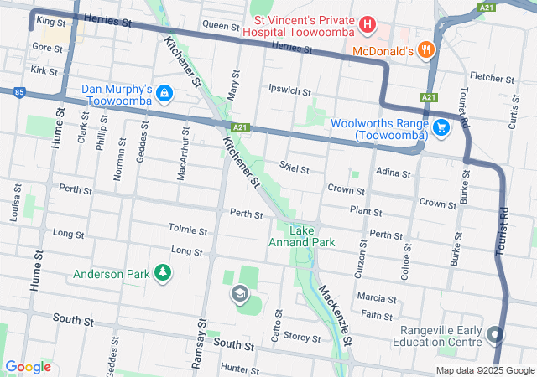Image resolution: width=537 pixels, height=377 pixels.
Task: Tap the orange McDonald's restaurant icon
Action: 426,50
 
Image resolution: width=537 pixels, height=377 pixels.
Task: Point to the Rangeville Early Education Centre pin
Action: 495,335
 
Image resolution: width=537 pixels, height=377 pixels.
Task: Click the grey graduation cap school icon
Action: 240,293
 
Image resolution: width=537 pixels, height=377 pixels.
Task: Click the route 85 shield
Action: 18,92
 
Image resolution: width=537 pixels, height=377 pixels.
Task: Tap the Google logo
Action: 29,366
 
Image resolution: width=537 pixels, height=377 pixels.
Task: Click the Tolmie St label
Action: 188,230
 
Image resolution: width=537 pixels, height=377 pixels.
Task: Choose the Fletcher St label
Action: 485,76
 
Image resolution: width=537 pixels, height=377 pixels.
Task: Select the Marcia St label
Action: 376,298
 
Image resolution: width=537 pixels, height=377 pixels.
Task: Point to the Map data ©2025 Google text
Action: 483,370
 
